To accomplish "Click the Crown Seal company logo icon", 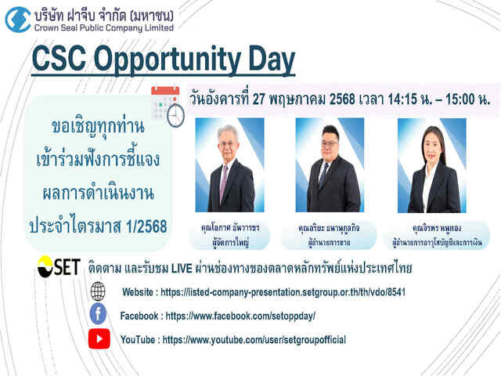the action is pos(18,20).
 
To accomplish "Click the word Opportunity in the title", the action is pos(167,60).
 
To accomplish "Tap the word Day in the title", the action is pos(272,60).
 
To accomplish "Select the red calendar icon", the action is pos(164,103).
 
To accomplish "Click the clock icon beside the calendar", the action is pos(175,115).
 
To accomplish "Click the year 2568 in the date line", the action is pos(342,99).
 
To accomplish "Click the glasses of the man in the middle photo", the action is pos(330,144).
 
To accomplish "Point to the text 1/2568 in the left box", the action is pos(146,226).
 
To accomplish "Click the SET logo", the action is pos(59,266).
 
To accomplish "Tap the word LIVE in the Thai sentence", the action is pos(182,269).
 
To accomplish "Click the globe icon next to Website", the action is pos(98,291).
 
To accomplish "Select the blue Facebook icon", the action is pos(98,313).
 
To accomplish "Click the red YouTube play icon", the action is pos(99,338).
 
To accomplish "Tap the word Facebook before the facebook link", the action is pos(139,316).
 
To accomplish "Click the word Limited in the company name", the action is pos(159,28).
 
